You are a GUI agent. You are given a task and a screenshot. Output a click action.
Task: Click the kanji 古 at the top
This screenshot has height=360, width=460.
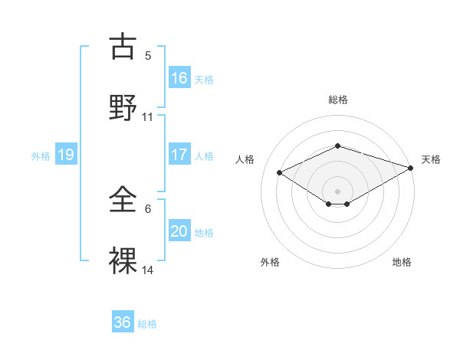[x=124, y=47]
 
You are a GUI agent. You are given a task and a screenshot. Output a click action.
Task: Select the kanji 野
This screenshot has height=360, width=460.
[x=124, y=108]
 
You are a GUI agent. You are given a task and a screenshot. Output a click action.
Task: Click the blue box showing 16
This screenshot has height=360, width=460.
[x=179, y=77]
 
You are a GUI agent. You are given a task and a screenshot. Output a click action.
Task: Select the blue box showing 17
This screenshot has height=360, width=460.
[x=179, y=155]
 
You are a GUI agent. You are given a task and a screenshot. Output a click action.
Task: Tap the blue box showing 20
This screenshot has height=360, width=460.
[x=179, y=231]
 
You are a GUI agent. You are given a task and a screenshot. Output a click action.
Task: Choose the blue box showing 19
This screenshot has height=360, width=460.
[x=66, y=155]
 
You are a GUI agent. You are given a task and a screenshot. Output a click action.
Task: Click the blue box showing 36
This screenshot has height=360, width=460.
[x=123, y=322]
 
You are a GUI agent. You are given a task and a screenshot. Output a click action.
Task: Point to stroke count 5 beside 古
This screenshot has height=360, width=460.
[x=148, y=56]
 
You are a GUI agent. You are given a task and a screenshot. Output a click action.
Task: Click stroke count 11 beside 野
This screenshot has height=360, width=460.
[x=148, y=117]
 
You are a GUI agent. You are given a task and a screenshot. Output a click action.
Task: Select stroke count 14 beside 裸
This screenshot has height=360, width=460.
[x=148, y=270]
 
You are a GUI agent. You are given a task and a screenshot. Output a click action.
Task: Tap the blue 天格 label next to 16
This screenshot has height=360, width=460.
[x=204, y=79]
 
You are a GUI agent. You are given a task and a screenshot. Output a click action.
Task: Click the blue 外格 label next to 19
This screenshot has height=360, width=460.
[x=41, y=155]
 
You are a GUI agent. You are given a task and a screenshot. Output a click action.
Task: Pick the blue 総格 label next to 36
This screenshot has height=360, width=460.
[x=147, y=324]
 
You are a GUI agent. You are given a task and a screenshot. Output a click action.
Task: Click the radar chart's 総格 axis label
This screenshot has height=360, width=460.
[x=338, y=100]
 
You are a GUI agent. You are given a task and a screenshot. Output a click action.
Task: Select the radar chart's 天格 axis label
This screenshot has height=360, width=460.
[x=431, y=159]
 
